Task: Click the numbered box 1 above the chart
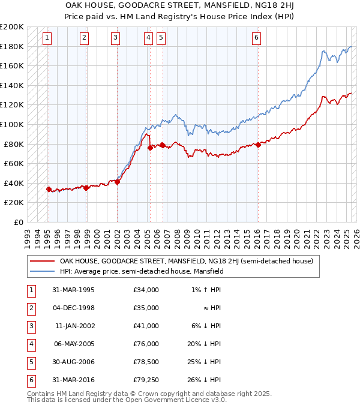pyautogui.click(x=47, y=38)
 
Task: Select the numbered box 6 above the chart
pyautogui.click(x=256, y=38)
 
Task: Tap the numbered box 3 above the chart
pyautogui.click(x=115, y=38)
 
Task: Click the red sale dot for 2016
pyautogui.click(x=258, y=144)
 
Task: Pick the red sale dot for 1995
pyautogui.click(x=49, y=189)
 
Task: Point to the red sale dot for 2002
pyautogui.click(x=117, y=182)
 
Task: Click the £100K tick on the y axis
pyautogui.click(x=12, y=124)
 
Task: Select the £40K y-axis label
pyautogui.click(x=14, y=183)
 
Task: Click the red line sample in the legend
pyautogui.click(x=42, y=261)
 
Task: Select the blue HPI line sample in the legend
pyautogui.click(x=42, y=271)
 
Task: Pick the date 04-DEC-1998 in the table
pyautogui.click(x=73, y=307)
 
